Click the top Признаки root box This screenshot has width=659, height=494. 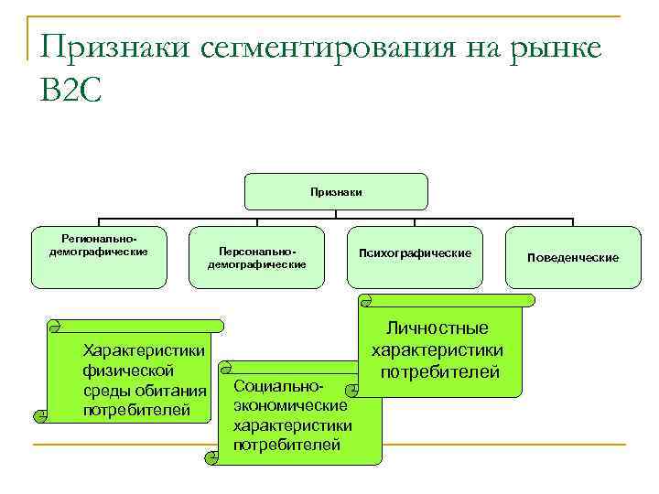click(x=336, y=192)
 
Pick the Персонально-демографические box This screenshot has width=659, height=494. click(x=257, y=257)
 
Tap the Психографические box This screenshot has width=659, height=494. click(x=416, y=252)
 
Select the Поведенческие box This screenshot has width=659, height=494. click(x=573, y=257)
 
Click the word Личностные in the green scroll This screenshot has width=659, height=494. click(x=438, y=328)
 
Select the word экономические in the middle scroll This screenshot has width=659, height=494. click(x=290, y=406)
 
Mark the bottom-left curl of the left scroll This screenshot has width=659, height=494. click(x=41, y=416)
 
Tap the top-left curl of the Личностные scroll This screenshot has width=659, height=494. click(x=365, y=300)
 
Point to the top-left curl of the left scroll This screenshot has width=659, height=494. click(x=54, y=325)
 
